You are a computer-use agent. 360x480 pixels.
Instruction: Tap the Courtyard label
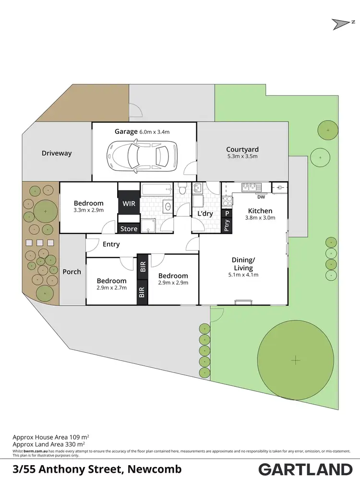(242, 150)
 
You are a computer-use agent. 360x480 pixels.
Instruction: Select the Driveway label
(57, 153)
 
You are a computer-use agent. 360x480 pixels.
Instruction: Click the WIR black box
(129, 204)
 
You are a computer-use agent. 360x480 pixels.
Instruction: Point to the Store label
(129, 229)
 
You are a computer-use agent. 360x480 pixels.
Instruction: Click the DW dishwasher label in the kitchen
(261, 197)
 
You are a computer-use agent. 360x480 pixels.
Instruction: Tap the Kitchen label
(260, 211)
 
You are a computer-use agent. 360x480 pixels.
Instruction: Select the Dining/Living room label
(243, 264)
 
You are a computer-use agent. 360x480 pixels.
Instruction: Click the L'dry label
(205, 214)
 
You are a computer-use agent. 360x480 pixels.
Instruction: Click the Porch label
(72, 272)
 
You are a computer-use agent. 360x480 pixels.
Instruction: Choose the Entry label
(111, 244)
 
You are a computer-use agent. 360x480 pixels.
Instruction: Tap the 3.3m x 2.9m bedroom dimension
(88, 210)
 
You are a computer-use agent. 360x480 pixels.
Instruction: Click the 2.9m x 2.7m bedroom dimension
(111, 288)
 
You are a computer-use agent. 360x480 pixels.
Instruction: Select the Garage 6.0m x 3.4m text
(142, 132)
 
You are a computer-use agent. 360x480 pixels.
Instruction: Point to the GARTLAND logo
(305, 469)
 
